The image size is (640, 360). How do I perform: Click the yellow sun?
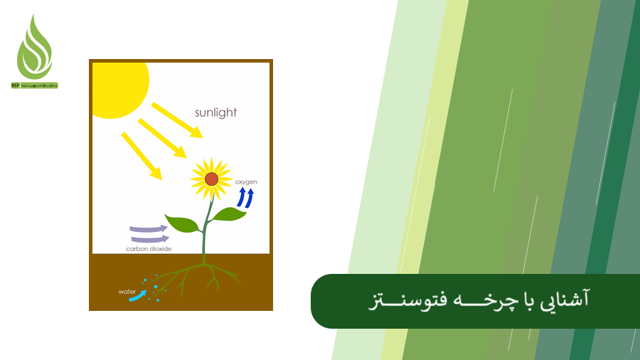pos(117,87)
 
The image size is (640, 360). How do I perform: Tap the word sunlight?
pos(215,112)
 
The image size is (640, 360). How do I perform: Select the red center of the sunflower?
pos(211,179)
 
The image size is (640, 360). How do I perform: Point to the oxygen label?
pos(246,182)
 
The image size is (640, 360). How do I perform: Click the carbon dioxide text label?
pos(149,249)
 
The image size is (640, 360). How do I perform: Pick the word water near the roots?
pos(127,292)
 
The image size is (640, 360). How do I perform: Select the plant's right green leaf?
pos(229,213)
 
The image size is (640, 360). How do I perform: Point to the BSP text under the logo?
pos(16,85)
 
